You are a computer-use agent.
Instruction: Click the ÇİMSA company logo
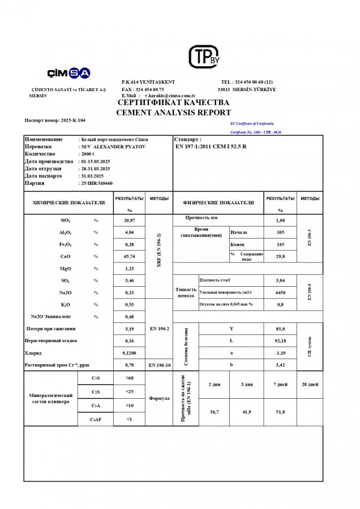68,73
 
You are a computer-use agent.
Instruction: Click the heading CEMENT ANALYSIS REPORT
173,113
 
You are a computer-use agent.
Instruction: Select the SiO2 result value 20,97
129,220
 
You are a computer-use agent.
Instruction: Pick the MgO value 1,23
129,269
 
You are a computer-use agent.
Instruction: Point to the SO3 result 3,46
129,281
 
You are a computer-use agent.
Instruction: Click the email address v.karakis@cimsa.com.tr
170,96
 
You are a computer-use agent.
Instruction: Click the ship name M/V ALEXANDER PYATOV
114,146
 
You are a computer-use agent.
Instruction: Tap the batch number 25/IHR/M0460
97,183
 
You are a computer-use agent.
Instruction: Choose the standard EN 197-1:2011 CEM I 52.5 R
212,146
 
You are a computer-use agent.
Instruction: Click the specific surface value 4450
280,292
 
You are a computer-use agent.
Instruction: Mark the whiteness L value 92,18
280,341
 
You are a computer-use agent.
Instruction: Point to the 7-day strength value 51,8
280,412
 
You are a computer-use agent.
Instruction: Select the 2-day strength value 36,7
214,412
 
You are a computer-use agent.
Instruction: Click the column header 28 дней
310,385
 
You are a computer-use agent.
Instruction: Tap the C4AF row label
97,419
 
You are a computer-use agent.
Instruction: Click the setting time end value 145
280,244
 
